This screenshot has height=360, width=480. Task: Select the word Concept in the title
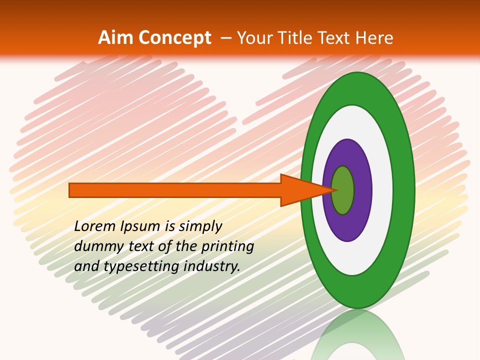175,38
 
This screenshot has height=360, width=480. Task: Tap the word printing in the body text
227,247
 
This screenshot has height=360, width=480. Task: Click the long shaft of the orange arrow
175,190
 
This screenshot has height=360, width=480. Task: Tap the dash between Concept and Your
225,38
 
